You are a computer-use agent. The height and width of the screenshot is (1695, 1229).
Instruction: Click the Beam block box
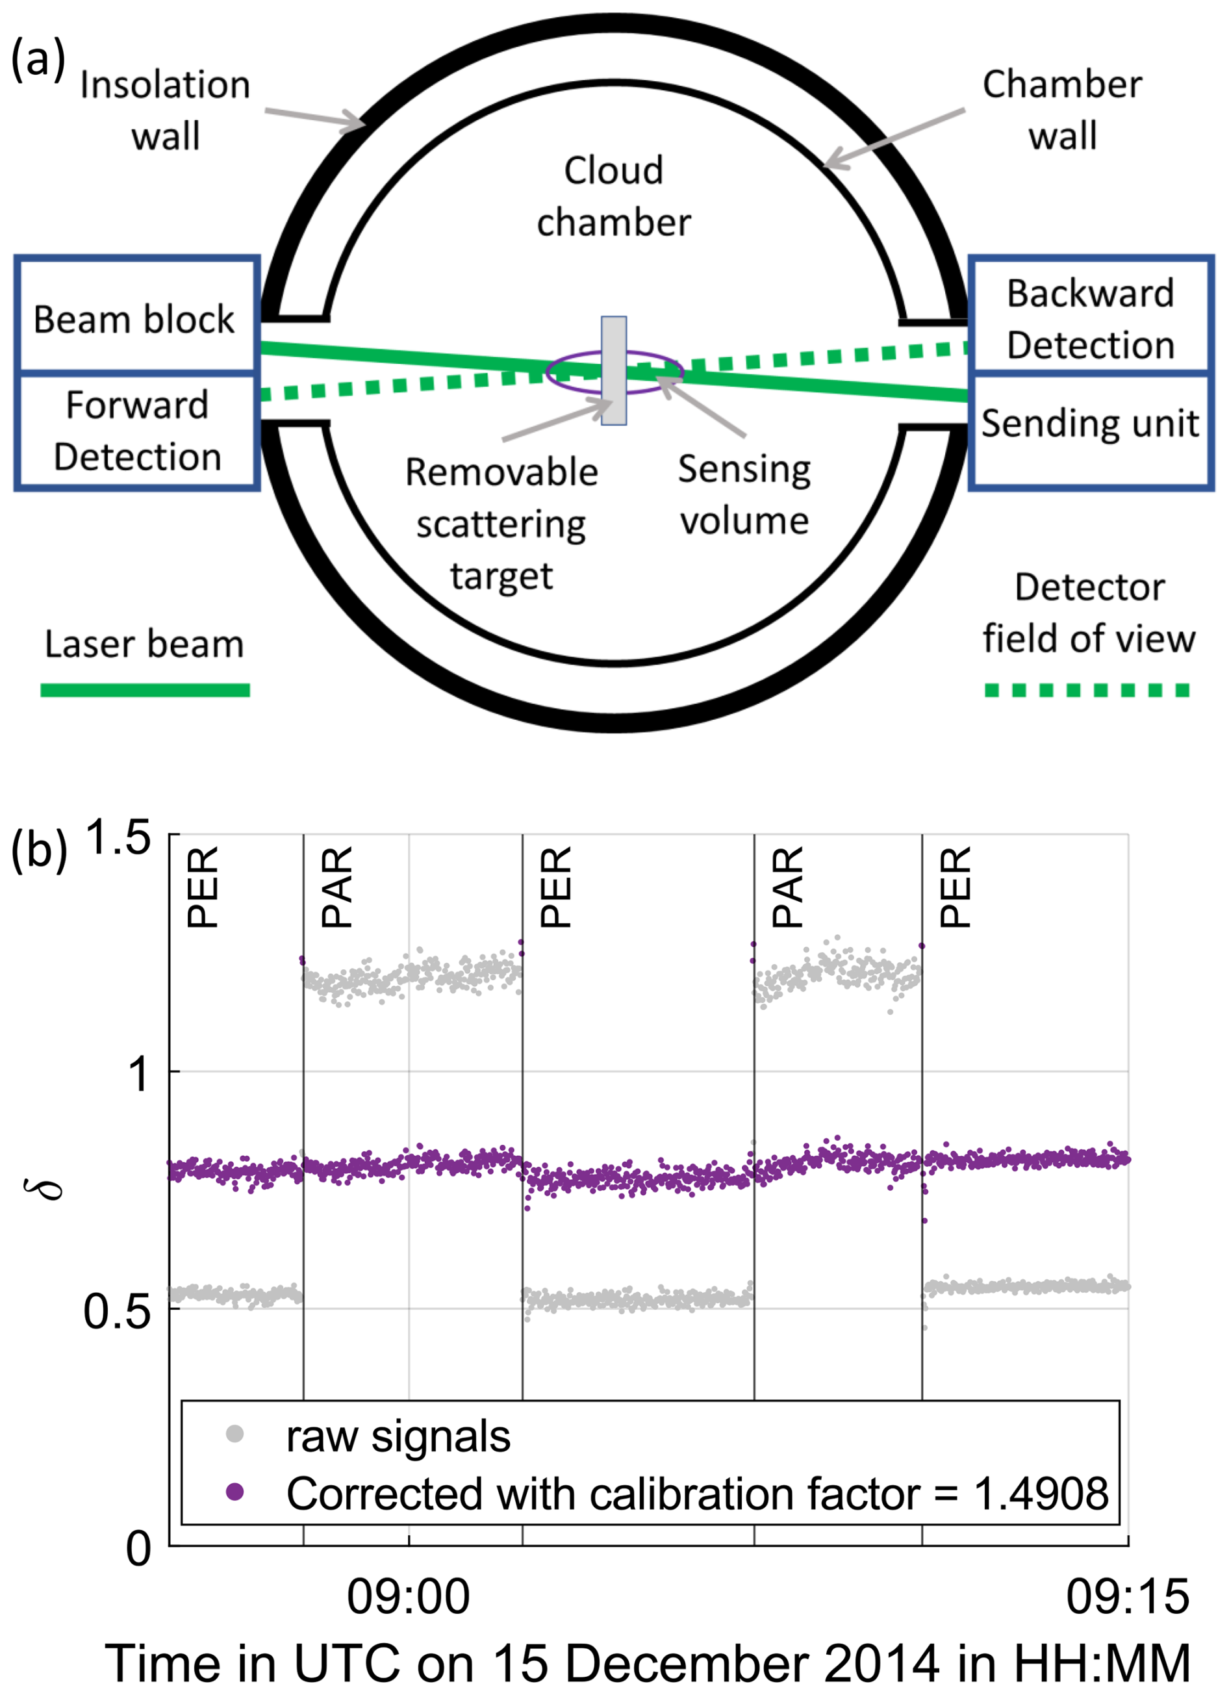point(136,314)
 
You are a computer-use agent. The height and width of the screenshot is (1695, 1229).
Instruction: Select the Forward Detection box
point(136,431)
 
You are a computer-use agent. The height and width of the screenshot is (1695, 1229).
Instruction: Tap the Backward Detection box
point(1090,314)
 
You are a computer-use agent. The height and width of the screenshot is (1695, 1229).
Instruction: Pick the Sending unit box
point(1090,431)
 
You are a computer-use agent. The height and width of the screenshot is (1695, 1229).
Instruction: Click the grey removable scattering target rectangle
point(613,371)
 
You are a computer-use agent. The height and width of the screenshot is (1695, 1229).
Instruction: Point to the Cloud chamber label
point(613,197)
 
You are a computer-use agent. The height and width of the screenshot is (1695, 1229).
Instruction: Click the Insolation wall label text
point(165,110)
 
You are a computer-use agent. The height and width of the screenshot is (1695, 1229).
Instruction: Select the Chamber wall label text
point(1061,110)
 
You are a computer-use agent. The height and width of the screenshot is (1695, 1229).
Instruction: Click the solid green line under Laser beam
point(144,690)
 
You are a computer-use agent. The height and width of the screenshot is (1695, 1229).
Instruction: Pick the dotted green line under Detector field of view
point(1087,690)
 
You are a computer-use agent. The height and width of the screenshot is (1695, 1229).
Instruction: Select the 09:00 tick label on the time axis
point(408,1597)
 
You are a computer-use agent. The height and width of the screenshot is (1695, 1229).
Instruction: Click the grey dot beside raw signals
point(234,1434)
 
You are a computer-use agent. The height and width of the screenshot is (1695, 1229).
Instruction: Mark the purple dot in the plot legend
point(234,1492)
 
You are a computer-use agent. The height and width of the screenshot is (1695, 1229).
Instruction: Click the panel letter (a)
point(38,58)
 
